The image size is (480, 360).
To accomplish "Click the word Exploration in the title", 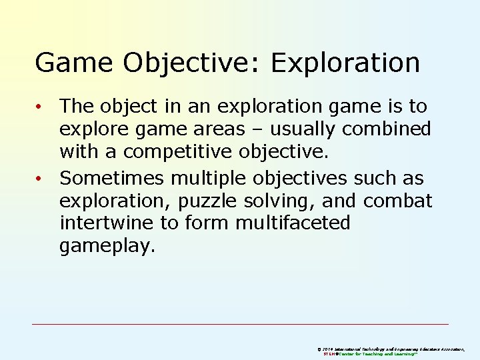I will (345, 63).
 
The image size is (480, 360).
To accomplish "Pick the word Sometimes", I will (111, 178).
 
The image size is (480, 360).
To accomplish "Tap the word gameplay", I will (107, 247).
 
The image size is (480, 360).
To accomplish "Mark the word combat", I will (398, 201).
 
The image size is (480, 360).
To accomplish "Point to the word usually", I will (299, 128).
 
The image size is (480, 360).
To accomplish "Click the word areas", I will (218, 128).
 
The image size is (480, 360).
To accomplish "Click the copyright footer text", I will (396, 351).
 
